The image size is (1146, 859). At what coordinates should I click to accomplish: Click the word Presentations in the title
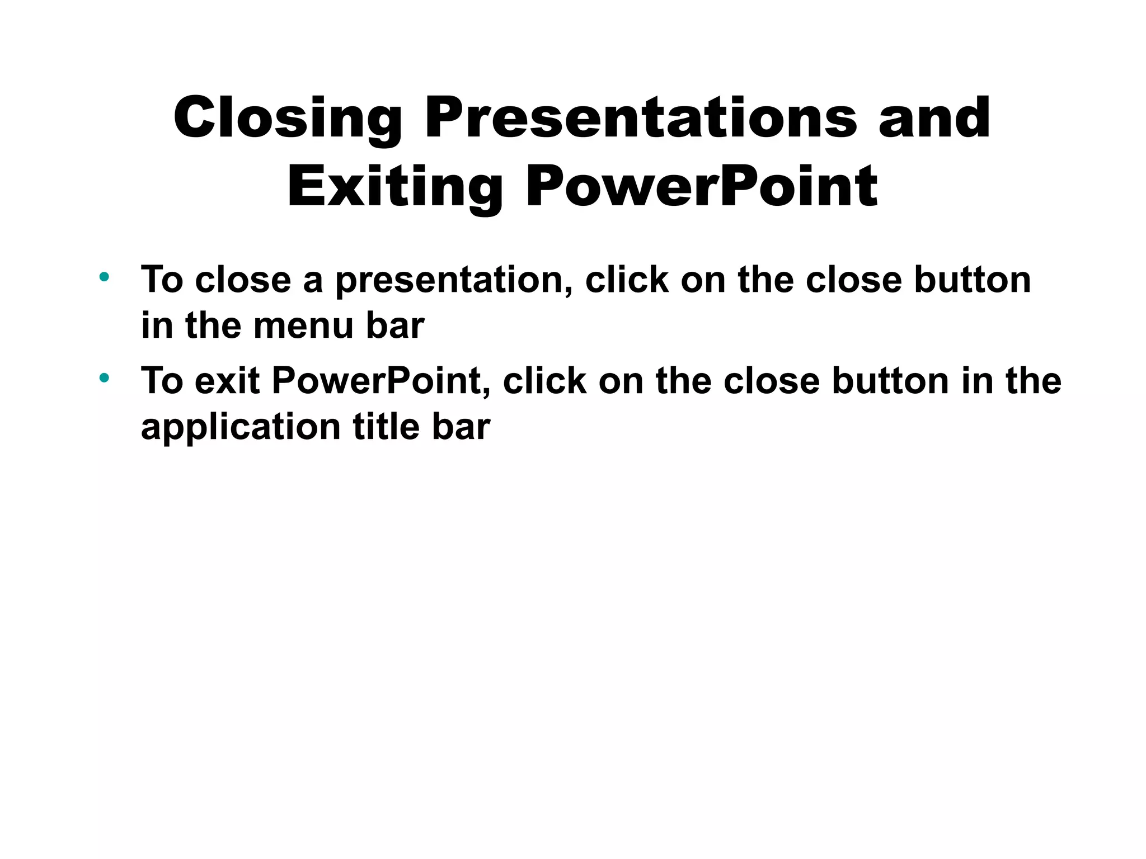(640, 119)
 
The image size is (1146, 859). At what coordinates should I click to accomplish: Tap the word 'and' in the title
(934, 119)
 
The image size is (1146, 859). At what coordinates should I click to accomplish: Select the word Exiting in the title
(394, 187)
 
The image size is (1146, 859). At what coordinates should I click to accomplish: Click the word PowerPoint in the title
(702, 187)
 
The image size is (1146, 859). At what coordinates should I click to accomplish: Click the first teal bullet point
(104, 276)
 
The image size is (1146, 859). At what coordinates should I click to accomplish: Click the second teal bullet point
(104, 378)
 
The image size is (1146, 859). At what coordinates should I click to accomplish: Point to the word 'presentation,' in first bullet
(454, 280)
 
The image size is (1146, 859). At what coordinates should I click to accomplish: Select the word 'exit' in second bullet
(227, 381)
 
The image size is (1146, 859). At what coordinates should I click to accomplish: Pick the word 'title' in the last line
(386, 427)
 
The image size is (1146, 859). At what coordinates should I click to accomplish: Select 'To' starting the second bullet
(162, 381)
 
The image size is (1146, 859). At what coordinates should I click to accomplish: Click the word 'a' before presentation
(313, 281)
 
